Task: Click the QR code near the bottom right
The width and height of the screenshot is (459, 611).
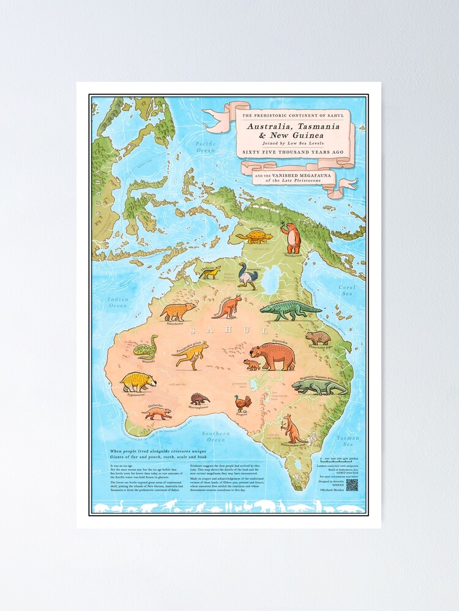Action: pos(351,485)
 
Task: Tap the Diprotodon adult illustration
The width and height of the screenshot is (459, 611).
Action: pos(272,357)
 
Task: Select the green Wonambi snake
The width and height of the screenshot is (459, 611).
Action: pos(146,348)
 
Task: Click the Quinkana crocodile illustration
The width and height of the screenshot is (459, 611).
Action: pos(289,310)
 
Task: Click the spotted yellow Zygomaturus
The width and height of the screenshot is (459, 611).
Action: pos(138,382)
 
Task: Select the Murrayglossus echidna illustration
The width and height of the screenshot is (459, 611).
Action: pos(200,398)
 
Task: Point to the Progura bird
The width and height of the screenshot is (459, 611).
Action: pos(243,403)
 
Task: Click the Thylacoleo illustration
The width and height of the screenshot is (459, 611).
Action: pos(157,414)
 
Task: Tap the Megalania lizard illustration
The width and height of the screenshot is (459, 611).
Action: pos(318,387)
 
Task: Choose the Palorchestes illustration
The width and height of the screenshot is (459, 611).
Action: pos(177,312)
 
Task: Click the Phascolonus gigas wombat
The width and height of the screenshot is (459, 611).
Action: pos(318,338)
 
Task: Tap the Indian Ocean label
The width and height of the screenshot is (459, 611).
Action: pos(118,302)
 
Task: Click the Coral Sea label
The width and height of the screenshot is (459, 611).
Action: pos(347,290)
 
